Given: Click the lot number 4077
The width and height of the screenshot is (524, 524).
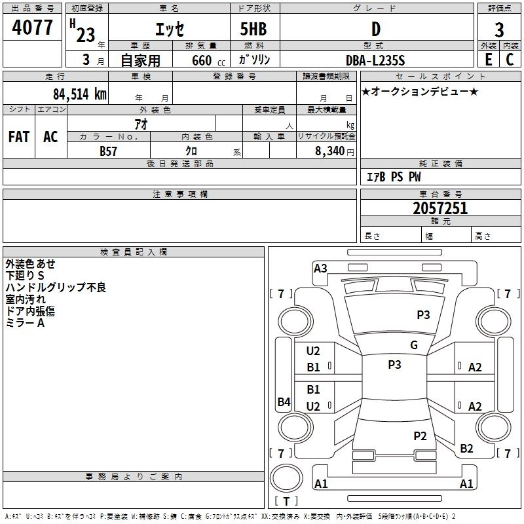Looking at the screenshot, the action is [x=32, y=28].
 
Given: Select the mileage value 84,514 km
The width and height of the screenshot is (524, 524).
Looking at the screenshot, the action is [x=80, y=94].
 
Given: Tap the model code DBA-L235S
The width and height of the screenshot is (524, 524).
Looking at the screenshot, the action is [x=375, y=60].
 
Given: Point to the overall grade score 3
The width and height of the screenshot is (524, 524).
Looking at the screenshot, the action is [x=499, y=29].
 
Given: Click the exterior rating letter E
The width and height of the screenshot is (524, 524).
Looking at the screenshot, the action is [x=489, y=60].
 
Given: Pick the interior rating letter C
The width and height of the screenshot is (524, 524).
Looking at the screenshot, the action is [x=510, y=60].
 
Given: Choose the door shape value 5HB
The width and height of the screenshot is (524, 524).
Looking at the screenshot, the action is [x=253, y=29].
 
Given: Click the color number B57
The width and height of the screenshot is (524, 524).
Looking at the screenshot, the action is [x=108, y=151].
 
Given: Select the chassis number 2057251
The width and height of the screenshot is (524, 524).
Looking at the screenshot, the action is [x=440, y=208].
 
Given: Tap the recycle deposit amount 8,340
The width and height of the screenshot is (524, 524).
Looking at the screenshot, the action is [x=329, y=151].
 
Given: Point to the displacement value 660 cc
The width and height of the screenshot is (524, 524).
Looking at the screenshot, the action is [x=208, y=61].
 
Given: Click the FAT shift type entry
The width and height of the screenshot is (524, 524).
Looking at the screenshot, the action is [x=19, y=137].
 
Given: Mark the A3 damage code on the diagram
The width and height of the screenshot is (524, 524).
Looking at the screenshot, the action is [x=320, y=269].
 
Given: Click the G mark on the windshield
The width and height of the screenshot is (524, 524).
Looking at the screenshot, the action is [x=414, y=345].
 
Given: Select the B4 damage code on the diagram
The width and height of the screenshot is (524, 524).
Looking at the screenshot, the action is [x=284, y=402].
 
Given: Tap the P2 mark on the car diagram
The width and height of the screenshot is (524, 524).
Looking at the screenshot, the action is [x=420, y=436].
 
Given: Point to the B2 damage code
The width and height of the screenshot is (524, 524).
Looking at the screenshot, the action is [x=466, y=449].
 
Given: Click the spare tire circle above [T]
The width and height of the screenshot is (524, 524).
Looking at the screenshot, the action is [x=286, y=477].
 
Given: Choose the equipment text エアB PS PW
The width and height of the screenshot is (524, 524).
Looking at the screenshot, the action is [x=394, y=177].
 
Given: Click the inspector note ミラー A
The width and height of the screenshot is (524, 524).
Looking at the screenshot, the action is [x=25, y=323].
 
